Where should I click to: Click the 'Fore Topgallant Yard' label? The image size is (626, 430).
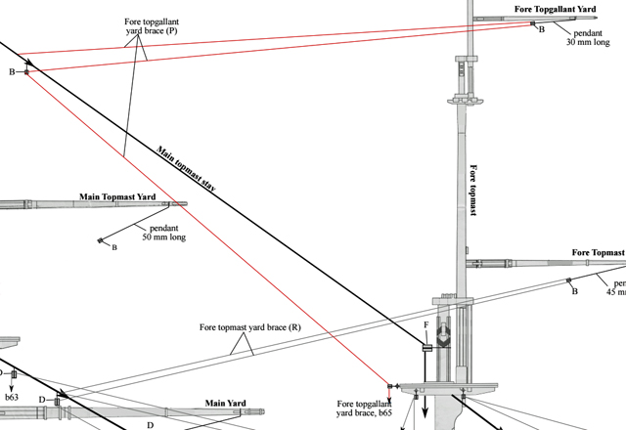click(556, 10)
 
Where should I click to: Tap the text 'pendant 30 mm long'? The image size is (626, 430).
click(592, 38)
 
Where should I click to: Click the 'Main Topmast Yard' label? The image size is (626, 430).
click(117, 197)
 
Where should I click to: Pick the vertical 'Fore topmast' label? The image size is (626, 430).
click(473, 190)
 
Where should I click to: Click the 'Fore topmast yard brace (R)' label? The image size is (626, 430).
click(249, 327)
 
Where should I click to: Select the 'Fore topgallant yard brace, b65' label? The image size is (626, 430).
click(364, 408)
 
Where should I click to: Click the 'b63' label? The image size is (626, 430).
click(13, 398)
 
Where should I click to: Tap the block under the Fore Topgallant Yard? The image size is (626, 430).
click(533, 23)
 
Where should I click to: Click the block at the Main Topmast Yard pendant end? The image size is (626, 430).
click(101, 239)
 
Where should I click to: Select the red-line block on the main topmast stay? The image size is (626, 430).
click(26, 71)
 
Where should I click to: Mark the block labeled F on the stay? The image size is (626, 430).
click(427, 347)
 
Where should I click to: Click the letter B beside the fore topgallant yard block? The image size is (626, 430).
click(542, 30)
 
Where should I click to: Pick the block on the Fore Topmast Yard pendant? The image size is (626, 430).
click(568, 281)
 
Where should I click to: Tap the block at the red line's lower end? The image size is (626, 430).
click(390, 387)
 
